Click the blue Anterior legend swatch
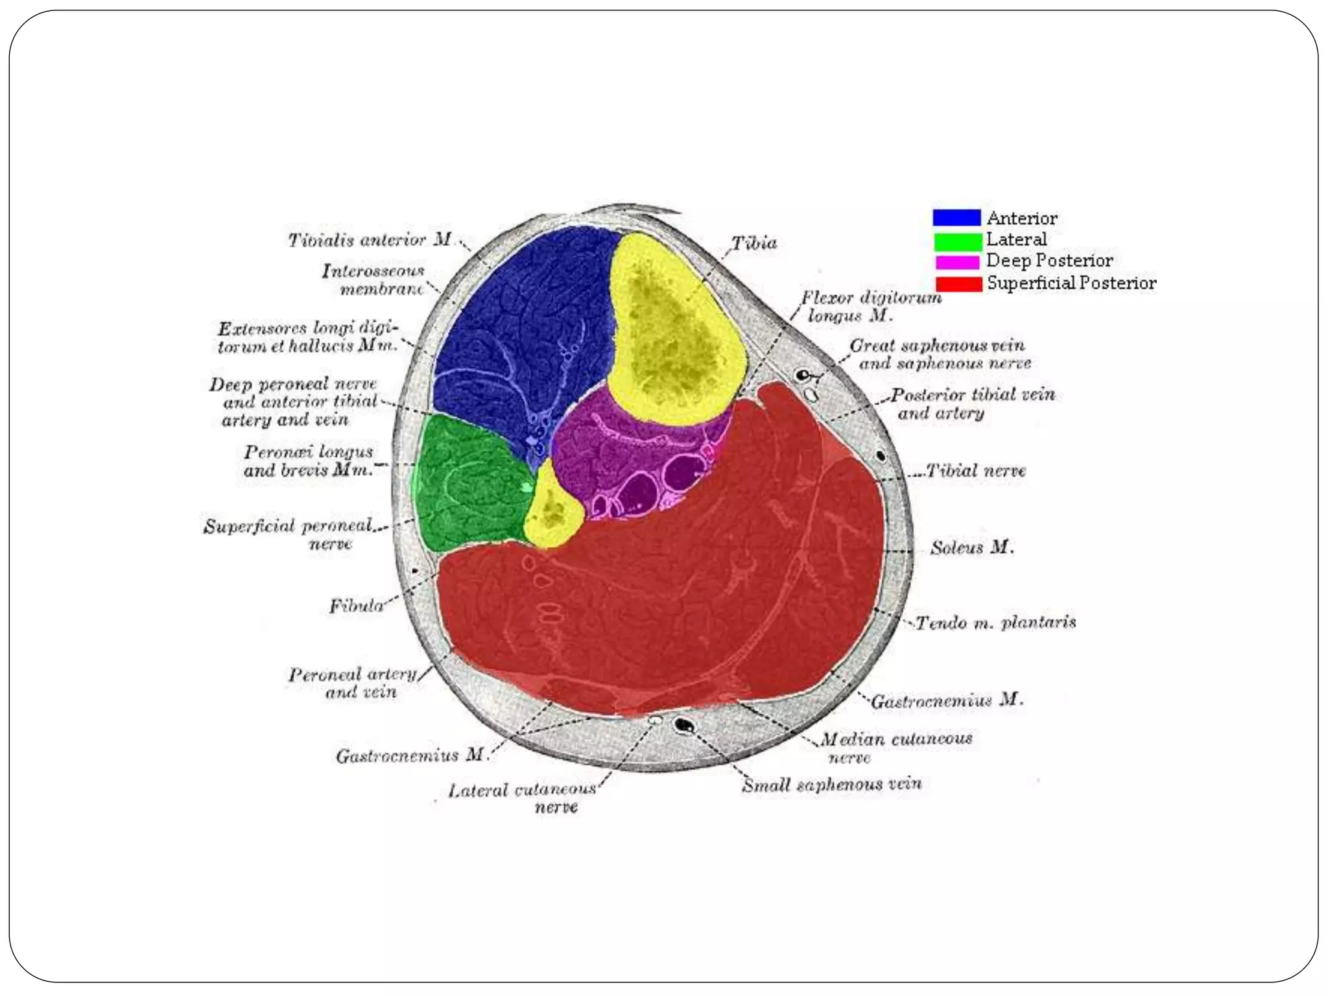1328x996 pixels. (956, 217)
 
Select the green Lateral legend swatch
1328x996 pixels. (958, 241)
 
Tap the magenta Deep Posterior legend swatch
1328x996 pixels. (957, 262)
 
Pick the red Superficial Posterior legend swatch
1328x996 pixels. (958, 284)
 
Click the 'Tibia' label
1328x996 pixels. (754, 243)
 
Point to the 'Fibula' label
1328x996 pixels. (356, 606)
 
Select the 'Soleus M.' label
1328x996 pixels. (971, 548)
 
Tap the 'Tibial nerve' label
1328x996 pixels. (976, 470)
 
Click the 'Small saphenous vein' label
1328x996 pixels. (831, 785)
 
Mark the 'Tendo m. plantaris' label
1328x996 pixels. (995, 623)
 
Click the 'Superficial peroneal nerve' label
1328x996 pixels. (289, 534)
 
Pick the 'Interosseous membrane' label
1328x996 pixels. (373, 279)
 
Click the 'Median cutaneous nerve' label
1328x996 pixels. (895, 748)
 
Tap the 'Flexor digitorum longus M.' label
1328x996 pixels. (870, 307)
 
